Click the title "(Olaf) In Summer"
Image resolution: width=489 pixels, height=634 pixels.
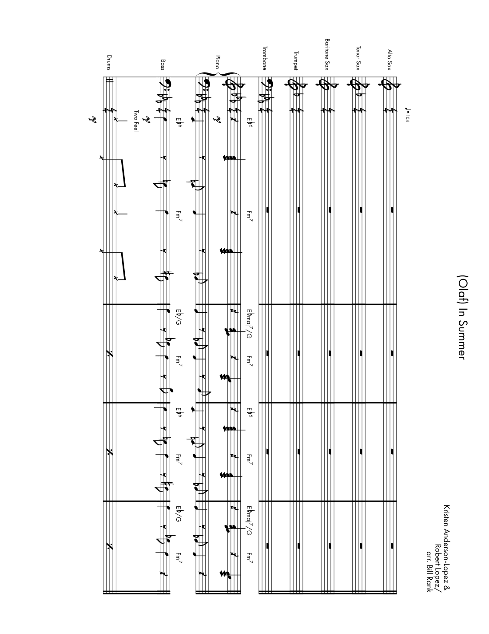click(461, 317)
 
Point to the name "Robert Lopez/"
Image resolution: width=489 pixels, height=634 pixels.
click(438, 566)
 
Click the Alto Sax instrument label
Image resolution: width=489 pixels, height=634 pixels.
click(390, 60)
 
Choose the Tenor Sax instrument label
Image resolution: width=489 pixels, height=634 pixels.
click(358, 58)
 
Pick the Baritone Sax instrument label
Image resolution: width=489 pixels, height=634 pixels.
click(327, 54)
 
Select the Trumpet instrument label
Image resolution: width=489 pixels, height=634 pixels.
click(296, 61)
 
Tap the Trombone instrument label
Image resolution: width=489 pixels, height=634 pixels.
click(265, 58)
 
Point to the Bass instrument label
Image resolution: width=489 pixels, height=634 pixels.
click(163, 65)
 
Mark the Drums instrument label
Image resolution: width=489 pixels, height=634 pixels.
click(109, 63)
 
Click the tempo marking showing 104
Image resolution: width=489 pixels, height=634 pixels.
click(408, 115)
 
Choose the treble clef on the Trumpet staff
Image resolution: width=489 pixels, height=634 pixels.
click(296, 85)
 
